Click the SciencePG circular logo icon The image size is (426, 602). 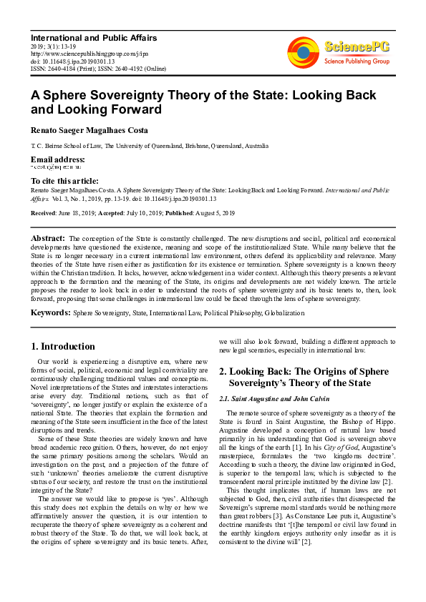[304, 51]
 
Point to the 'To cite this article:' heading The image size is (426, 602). [65, 181]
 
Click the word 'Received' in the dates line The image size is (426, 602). [44, 214]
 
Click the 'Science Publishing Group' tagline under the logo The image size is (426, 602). [356, 62]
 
